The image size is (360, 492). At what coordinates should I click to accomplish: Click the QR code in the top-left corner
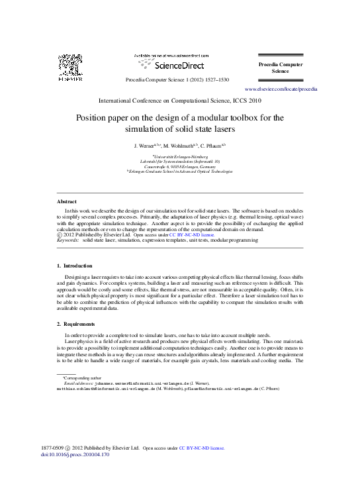click(x=69, y=66)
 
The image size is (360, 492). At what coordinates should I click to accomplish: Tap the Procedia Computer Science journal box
click(x=281, y=67)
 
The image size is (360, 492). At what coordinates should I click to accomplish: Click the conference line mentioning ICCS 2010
click(x=179, y=101)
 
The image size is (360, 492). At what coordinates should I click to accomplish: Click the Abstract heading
click(x=66, y=201)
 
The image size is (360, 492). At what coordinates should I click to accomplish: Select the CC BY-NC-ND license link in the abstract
click(x=192, y=234)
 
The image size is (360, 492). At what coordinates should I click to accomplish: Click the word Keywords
click(x=67, y=240)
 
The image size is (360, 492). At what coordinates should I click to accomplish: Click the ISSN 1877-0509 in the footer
click(x=52, y=448)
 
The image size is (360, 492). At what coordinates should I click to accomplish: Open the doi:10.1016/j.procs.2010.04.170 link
click(x=75, y=455)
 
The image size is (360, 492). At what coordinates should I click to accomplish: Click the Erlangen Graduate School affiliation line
click(x=180, y=171)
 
